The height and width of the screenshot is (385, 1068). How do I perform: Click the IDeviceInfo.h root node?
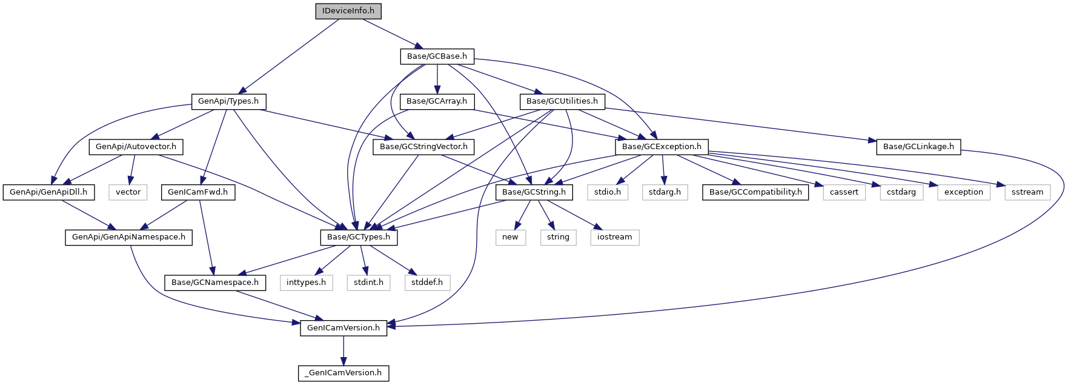pyautogui.click(x=348, y=11)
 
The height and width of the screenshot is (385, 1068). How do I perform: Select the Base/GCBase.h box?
pyautogui.click(x=437, y=56)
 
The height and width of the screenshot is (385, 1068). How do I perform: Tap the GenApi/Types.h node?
pyautogui.click(x=228, y=101)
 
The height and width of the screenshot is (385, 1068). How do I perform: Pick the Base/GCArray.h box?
pyautogui.click(x=437, y=101)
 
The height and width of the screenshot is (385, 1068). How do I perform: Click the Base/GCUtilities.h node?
pyautogui.click(x=562, y=101)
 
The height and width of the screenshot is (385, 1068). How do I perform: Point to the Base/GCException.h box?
pyautogui.click(x=662, y=147)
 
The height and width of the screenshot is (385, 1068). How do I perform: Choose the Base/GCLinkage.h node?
pyautogui.click(x=918, y=147)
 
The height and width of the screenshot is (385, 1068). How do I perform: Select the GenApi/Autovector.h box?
pyautogui.click(x=136, y=147)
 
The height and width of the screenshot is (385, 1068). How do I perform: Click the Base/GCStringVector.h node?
pyautogui.click(x=423, y=147)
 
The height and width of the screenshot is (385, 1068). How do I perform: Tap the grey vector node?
pyautogui.click(x=128, y=192)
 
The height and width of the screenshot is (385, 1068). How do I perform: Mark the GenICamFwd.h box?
pyautogui.click(x=197, y=192)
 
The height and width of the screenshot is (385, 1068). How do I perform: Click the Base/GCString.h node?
pyautogui.click(x=534, y=192)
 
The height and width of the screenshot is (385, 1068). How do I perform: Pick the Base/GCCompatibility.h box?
pyautogui.click(x=755, y=192)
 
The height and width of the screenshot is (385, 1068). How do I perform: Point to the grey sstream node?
pyautogui.click(x=1027, y=192)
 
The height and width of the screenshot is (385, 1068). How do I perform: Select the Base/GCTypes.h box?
pyautogui.click(x=359, y=237)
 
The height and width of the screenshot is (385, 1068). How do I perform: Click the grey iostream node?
pyautogui.click(x=614, y=237)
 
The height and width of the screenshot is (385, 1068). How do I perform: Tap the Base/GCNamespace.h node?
pyautogui.click(x=215, y=283)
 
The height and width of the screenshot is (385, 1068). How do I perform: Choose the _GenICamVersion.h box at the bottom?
pyautogui.click(x=343, y=373)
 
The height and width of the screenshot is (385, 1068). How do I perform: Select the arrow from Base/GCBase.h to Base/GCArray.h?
pyautogui.click(x=437, y=79)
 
